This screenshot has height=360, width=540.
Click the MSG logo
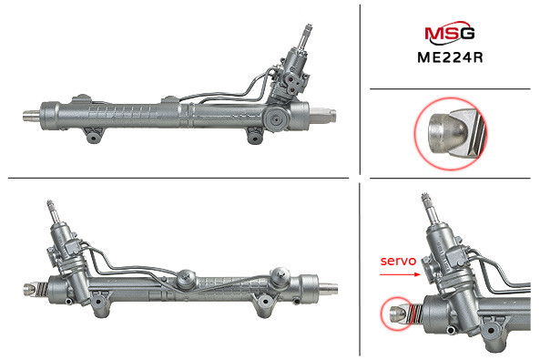click(450, 33)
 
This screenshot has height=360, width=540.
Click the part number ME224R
click(450, 57)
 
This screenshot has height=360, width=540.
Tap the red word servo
click(398, 261)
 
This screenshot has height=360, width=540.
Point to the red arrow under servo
click(400, 274)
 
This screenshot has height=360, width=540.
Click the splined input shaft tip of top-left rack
click(307, 30)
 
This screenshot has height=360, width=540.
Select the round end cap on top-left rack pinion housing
click(277, 119)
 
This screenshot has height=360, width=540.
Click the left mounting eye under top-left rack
click(93, 136)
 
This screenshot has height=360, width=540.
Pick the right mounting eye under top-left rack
click(255, 137)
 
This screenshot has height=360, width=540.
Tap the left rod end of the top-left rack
click(31, 116)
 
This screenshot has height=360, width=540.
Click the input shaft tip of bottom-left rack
click(50, 205)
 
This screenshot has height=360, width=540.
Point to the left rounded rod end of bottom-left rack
click(30, 289)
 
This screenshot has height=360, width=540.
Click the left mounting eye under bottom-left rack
click(99, 303)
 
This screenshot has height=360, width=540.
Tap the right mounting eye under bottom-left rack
click(265, 303)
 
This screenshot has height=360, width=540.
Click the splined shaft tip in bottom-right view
click(425, 199)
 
